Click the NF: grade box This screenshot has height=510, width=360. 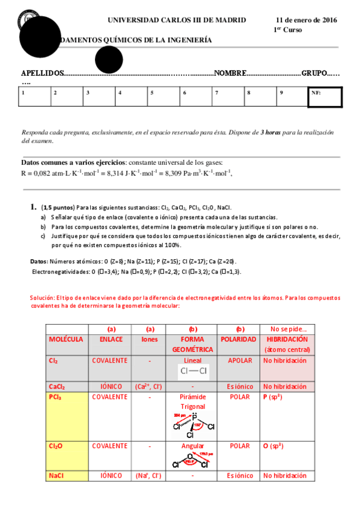pyautogui.click(x=325, y=97)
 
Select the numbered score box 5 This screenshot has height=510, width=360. pyautogui.click(x=163, y=97)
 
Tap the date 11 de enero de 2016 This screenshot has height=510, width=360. pyautogui.click(x=307, y=20)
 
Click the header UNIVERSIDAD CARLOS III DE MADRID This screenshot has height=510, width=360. pyautogui.click(x=177, y=20)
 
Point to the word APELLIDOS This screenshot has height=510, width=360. pyautogui.click(x=42, y=73)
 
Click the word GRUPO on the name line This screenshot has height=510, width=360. pyautogui.click(x=314, y=73)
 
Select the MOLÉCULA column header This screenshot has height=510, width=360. pyautogui.click(x=66, y=339)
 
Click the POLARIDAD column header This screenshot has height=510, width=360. pyautogui.click(x=240, y=339)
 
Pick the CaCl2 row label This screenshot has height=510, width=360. pyautogui.click(x=57, y=386)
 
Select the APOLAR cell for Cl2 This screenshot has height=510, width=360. pyautogui.click(x=240, y=360)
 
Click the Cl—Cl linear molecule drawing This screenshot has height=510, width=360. pyautogui.click(x=194, y=372)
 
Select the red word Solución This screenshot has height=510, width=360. pyautogui.click(x=42, y=298)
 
